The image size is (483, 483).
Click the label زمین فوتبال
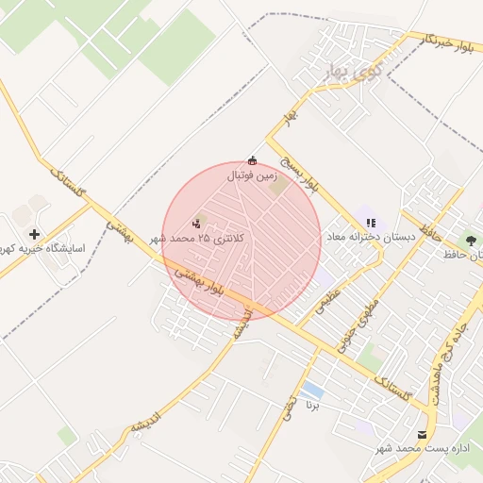tap(251, 175)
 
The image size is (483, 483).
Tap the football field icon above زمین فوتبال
tap(251, 160)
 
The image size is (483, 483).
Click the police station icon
tap(196, 224)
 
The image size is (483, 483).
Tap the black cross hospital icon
tap(35, 234)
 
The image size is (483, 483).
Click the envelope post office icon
tap(421, 434)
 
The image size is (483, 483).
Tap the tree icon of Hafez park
tap(471, 241)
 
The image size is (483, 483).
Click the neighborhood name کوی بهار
tap(333, 72)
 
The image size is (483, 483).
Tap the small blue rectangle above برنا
tap(312, 390)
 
